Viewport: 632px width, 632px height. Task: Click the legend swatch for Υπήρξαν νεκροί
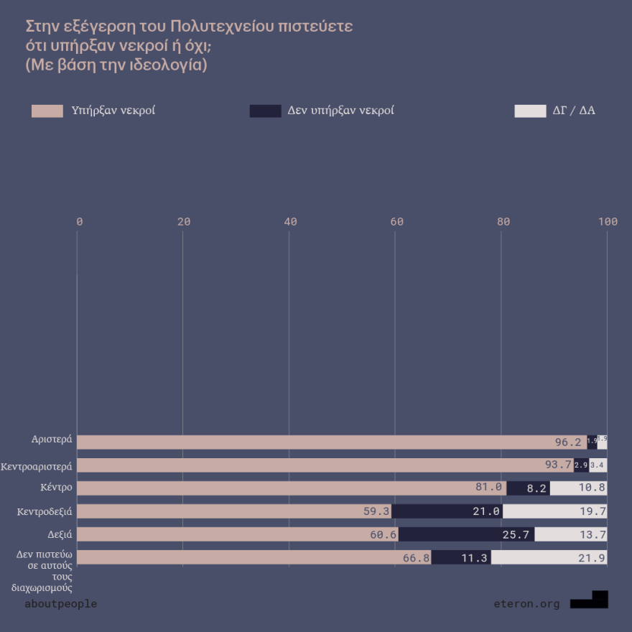point(47,111)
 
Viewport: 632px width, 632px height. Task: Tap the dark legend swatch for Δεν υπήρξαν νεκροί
point(265,111)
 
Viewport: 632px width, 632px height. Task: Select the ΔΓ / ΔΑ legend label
point(574,111)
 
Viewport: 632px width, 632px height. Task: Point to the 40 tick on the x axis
point(290,222)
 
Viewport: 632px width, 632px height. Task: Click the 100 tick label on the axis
point(608,222)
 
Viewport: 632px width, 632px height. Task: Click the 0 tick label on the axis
point(79,222)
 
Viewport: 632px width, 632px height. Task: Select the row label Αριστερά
point(52,438)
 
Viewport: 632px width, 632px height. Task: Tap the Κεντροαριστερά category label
point(37,466)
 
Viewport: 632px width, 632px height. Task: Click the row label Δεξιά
point(58,534)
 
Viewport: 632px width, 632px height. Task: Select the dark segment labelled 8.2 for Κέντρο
point(528,488)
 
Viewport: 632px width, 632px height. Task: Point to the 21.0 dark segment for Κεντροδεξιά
point(447,511)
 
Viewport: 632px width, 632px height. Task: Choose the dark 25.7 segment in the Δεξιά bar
point(466,534)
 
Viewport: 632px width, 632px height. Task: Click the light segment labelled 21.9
point(549,557)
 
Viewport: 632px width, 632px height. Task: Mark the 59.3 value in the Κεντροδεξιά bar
point(376,511)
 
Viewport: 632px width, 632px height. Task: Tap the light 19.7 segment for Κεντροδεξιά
point(554,511)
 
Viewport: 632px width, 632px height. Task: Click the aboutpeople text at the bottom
point(60,604)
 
